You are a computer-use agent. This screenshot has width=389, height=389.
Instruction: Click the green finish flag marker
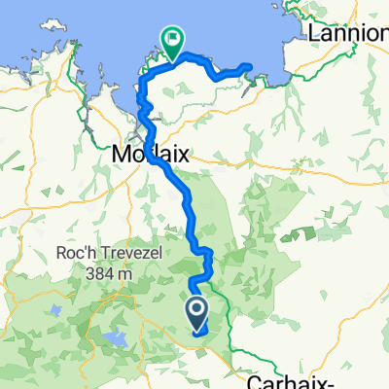[x=172, y=42]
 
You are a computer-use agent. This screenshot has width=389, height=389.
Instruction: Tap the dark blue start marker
[x=195, y=313]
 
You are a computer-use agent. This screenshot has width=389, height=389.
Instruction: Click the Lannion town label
[x=346, y=33]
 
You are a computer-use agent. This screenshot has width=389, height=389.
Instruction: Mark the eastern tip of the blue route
[x=250, y=65]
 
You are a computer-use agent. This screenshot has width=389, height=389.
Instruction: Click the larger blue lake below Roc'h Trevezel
[x=115, y=338]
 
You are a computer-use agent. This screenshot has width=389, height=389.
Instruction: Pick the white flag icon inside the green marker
[x=172, y=40]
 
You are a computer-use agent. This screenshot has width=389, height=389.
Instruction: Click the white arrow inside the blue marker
[x=195, y=311]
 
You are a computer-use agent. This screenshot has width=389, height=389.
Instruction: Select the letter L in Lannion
[x=314, y=33]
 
